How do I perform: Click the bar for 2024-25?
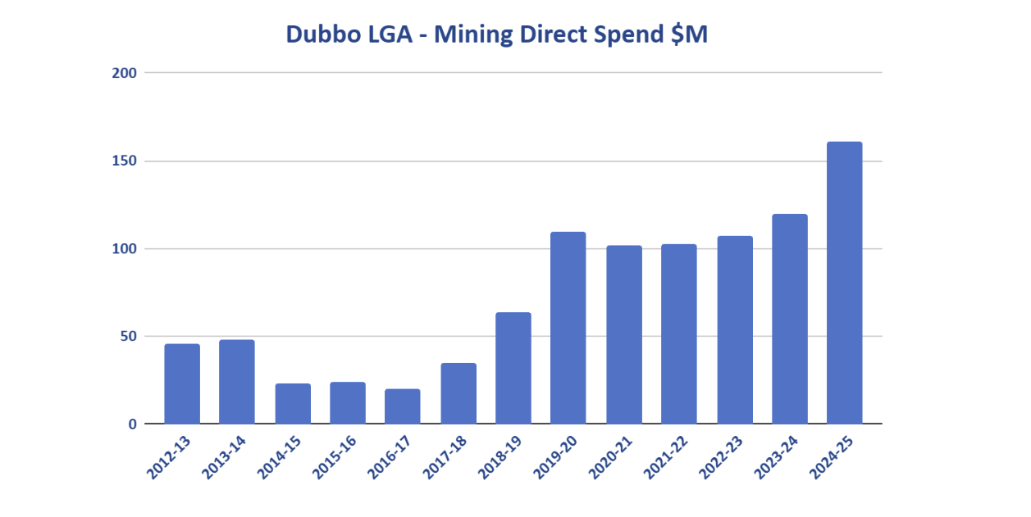point(844,283)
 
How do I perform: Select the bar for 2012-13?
point(182,383)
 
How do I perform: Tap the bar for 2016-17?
point(403,406)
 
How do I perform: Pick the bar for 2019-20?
point(568,328)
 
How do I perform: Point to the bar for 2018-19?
point(513,368)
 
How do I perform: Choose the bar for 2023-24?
point(789,319)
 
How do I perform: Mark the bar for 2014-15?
point(293,403)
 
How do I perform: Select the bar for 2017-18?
point(458,393)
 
